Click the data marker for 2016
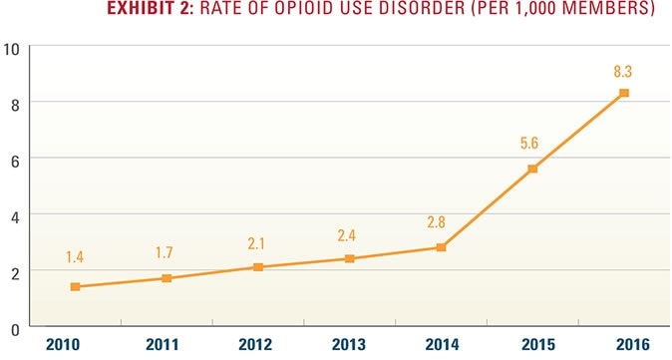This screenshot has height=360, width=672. (624, 93)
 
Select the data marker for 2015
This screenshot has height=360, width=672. (532, 169)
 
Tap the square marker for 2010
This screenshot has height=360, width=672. (75, 286)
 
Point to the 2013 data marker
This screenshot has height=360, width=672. (349, 258)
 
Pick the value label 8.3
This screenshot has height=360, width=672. (624, 70)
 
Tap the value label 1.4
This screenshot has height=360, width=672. (75, 258)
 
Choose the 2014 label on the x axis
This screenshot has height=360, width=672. (441, 345)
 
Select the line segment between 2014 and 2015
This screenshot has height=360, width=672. (487, 208)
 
